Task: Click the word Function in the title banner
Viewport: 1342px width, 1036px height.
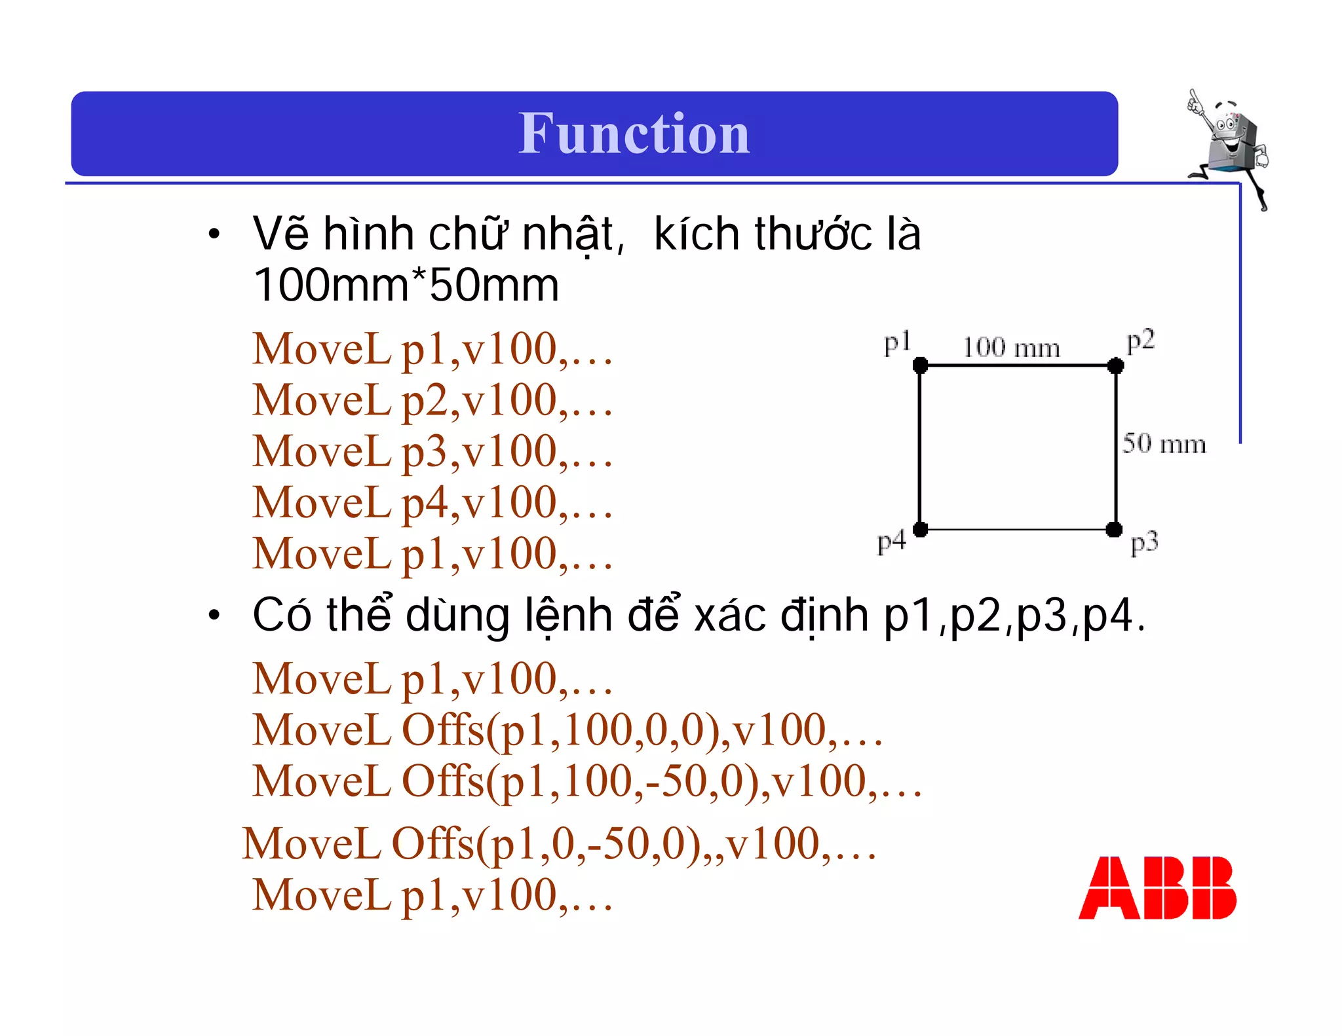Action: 634,134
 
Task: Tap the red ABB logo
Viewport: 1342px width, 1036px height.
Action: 1157,887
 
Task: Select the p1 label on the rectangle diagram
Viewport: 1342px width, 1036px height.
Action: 897,343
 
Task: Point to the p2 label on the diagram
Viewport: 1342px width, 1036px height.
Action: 1140,341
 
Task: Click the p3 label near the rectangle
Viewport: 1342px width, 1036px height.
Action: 1144,543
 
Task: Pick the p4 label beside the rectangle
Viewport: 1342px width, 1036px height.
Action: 891,542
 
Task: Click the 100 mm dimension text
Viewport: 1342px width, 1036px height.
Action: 1011,348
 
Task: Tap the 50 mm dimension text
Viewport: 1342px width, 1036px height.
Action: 1164,444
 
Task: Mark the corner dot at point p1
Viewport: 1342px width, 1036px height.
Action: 920,365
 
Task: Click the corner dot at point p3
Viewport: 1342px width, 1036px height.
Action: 1114,529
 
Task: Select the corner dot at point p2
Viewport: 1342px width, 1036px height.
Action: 1115,365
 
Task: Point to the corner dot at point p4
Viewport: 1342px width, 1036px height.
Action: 920,529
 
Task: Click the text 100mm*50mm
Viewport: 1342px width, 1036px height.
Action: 406,286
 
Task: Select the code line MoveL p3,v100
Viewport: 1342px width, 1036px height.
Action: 432,452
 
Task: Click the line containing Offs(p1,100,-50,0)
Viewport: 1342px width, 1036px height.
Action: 587,782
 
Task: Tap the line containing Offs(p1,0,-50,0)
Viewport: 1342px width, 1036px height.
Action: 559,844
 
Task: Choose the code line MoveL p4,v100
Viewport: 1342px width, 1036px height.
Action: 432,503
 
